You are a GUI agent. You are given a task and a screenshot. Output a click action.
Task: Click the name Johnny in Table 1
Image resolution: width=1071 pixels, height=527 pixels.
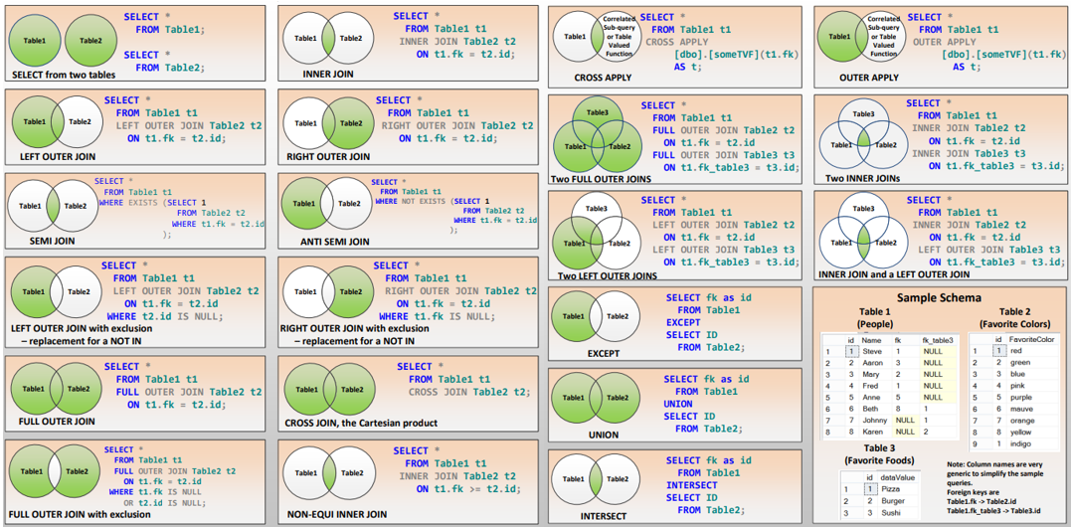pos(876,420)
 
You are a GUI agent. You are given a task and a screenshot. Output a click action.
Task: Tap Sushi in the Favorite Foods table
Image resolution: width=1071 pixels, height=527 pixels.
pos(891,512)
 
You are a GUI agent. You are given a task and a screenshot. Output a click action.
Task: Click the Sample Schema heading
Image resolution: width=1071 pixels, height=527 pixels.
pos(939,297)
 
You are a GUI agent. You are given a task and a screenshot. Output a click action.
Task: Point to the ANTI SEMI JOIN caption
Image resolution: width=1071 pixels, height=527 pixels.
pos(334,241)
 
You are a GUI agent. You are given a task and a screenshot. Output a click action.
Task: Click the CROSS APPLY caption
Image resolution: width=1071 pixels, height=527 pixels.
pos(602,78)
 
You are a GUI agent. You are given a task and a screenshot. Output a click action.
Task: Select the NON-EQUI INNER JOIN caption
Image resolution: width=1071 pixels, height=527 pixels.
pos(336,514)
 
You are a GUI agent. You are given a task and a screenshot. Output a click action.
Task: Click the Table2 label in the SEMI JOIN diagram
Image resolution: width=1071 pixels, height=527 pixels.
pos(76,206)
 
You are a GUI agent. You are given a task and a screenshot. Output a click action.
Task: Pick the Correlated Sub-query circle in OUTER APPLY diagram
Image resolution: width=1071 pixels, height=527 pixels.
pos(883,37)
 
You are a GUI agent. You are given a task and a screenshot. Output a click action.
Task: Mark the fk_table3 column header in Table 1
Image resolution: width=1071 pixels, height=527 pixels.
pos(937,339)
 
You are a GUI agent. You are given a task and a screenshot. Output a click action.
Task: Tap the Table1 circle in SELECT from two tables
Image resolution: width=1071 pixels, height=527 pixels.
pos(36,41)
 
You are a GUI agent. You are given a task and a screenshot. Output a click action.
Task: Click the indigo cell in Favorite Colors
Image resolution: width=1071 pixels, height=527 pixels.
pos(1020,443)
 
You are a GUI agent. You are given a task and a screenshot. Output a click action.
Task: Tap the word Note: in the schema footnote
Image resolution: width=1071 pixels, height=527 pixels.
pos(958,464)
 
